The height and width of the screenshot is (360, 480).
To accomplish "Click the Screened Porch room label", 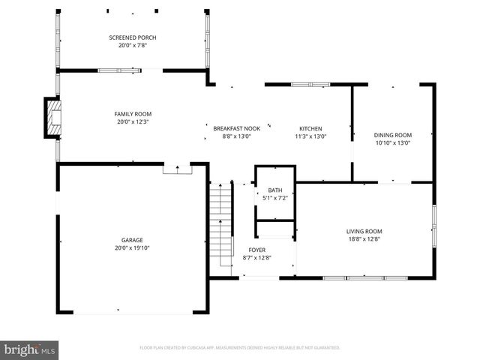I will click(133, 37).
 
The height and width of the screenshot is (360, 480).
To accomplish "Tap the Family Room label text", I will click(133, 114).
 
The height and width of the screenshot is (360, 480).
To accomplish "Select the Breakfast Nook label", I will click(236, 129).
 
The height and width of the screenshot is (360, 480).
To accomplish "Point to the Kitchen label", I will click(310, 129).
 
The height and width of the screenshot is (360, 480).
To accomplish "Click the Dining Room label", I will click(393, 135).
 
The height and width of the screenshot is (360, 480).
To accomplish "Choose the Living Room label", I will click(364, 231).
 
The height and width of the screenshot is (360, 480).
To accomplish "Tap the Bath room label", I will click(274, 190).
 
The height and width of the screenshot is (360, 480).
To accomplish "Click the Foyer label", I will click(256, 250).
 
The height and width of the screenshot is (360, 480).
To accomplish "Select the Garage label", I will click(133, 240).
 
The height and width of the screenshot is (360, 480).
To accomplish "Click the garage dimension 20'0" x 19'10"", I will click(133, 247).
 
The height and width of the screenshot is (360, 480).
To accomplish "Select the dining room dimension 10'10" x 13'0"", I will click(393, 142).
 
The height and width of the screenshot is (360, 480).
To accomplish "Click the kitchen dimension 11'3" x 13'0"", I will click(310, 136).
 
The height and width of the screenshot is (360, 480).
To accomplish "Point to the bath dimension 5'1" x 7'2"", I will click(274, 198).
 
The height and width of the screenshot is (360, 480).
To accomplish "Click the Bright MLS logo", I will click(30, 349).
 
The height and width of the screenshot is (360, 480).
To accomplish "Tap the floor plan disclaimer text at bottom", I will click(240, 348).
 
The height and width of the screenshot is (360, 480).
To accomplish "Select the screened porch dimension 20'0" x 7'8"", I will click(133, 45).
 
